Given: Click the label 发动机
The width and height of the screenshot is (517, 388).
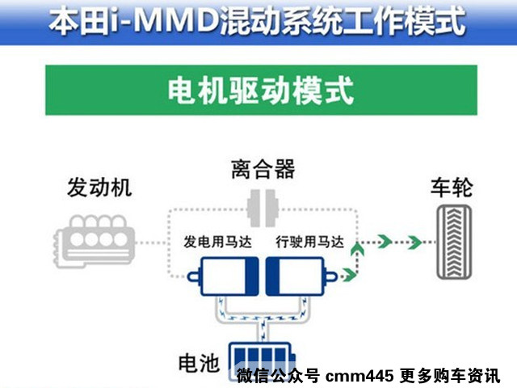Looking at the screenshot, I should (99, 189).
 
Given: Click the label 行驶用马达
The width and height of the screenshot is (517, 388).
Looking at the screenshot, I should (309, 241).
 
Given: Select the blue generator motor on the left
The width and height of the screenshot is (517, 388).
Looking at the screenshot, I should (221, 276).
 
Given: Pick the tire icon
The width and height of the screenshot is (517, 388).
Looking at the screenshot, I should (452, 242).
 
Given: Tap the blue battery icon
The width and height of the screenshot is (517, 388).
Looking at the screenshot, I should (260, 359).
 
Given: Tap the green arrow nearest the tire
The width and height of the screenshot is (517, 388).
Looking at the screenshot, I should (414, 240).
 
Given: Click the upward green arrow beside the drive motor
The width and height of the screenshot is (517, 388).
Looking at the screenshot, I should (353, 257).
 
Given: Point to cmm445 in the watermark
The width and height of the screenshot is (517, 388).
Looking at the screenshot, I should (358, 376).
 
